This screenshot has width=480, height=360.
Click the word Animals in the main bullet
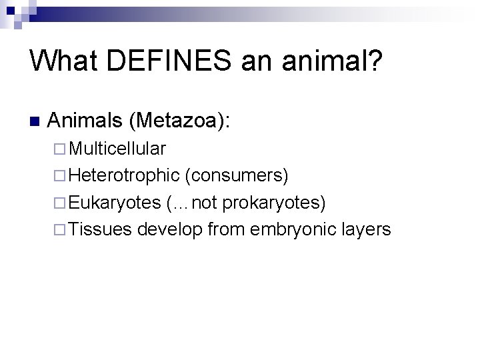[87, 121]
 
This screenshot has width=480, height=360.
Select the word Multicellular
[117, 148]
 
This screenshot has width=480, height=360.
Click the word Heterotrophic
[124, 175]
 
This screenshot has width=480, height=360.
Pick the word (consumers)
[237, 175]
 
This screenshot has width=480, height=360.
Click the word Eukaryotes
[115, 203]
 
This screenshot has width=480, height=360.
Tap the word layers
[365, 230]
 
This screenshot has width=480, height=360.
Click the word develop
[170, 230]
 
